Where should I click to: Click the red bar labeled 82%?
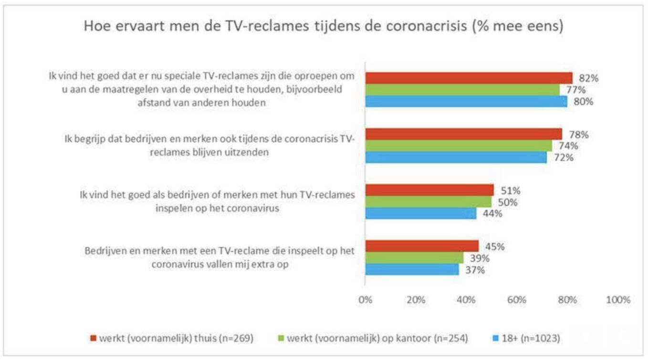(469, 78)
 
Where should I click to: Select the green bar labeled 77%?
(462, 90)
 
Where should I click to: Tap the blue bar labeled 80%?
(466, 101)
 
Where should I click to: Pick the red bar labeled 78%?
(463, 134)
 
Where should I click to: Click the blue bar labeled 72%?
(456, 157)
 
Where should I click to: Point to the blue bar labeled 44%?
(420, 213)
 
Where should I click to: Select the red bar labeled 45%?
(422, 246)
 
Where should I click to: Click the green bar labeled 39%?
(414, 258)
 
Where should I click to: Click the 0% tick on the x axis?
(365, 300)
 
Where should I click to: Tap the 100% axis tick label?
(618, 300)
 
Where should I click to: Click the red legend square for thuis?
(94, 339)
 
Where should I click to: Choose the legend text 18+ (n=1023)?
(529, 339)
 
